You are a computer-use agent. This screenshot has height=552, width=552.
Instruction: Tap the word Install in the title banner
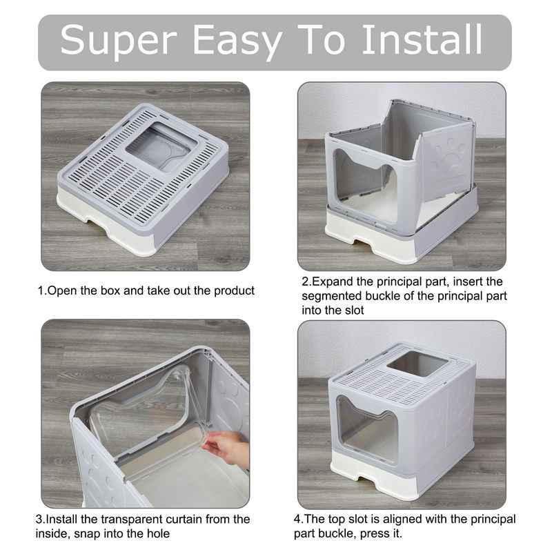pos(422,39)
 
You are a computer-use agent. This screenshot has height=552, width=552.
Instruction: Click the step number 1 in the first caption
pos(41,290)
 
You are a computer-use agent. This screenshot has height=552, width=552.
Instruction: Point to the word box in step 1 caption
pos(111,290)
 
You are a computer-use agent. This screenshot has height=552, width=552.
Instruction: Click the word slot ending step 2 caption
pos(354,310)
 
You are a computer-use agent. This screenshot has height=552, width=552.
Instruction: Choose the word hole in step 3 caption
pos(158,533)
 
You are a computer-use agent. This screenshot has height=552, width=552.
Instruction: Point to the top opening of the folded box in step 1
pos(161,147)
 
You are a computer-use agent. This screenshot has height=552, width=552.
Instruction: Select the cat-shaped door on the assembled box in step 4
pos(366,429)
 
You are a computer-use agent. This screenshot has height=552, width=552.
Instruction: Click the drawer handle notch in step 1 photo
pos(97,224)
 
